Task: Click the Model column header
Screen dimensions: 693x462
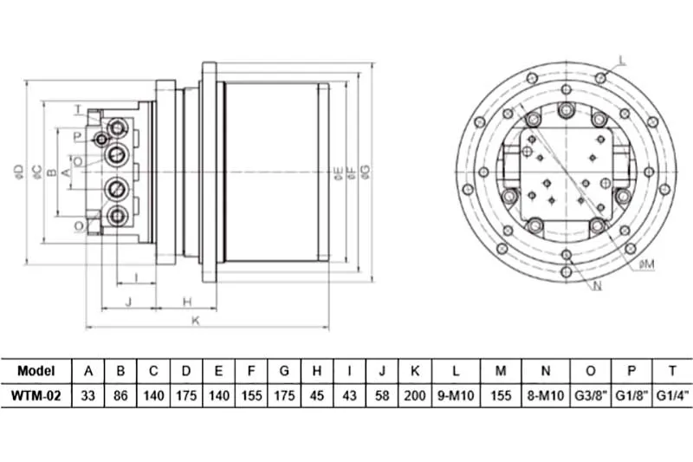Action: (36, 370)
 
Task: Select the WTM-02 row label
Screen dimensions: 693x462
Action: (36, 395)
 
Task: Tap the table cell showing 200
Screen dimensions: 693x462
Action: (415, 395)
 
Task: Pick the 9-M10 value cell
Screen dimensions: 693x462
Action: (456, 395)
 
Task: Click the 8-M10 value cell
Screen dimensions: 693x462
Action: (546, 395)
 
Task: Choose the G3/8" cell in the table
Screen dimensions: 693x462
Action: (591, 395)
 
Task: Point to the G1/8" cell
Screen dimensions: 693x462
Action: (631, 395)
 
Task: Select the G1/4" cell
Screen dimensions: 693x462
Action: (673, 395)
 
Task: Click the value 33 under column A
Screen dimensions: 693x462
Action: (88, 395)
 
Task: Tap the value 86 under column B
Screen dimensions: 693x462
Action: (120, 395)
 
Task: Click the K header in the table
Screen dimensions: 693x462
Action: (415, 370)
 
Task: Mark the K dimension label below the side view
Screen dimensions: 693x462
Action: (196, 321)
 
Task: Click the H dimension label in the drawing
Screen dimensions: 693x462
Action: (187, 302)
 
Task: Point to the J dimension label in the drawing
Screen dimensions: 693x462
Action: (128, 302)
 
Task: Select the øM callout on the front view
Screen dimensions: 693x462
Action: (646, 264)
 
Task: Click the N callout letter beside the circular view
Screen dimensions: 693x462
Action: (597, 286)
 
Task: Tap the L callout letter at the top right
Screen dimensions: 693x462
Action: (622, 61)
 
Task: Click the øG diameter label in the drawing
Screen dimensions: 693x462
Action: (366, 172)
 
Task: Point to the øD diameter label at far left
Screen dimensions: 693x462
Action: (18, 172)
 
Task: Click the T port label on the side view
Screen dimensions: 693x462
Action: (78, 108)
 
